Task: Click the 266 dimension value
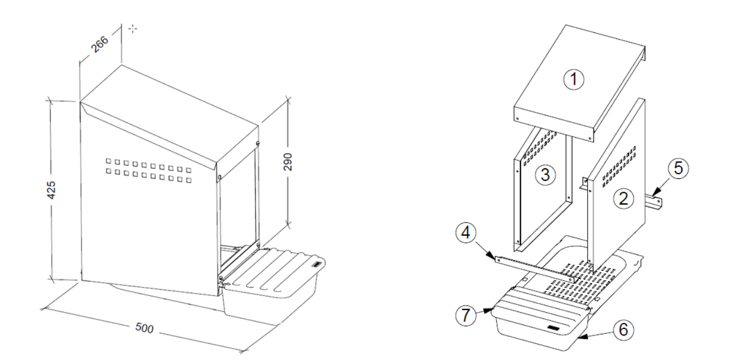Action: (99, 45)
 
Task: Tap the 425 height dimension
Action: (51, 190)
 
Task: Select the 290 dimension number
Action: (288, 162)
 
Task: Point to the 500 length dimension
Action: (144, 328)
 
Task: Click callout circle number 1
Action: (574, 79)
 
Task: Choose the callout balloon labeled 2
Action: (623, 199)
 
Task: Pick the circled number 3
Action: (545, 174)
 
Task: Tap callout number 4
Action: (466, 233)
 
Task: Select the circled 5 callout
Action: (678, 168)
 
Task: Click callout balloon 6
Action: (623, 330)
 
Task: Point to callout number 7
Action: (466, 315)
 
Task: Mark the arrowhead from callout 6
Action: (583, 337)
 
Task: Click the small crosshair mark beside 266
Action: (133, 29)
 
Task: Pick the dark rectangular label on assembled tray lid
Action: (317, 264)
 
